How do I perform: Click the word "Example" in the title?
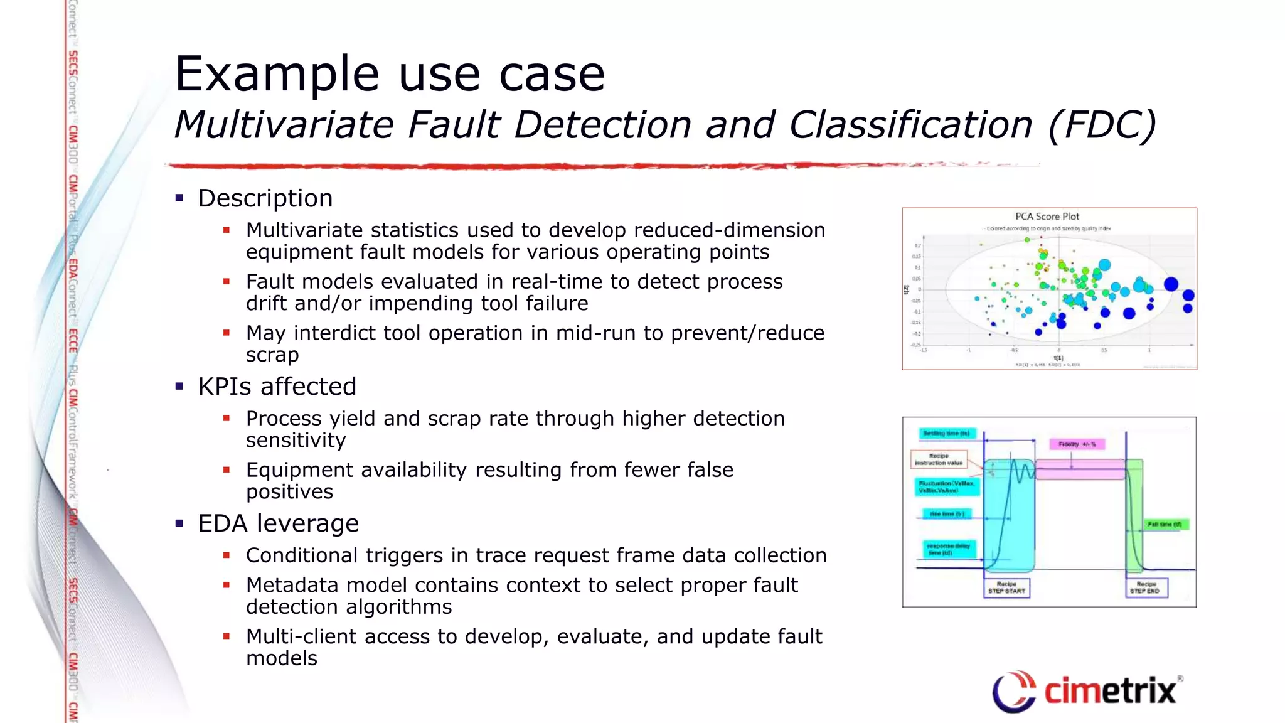pyautogui.click(x=277, y=75)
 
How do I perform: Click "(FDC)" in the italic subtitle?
pyautogui.click(x=1102, y=124)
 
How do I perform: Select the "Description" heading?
pyautogui.click(x=265, y=198)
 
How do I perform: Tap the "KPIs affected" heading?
pyautogui.click(x=277, y=387)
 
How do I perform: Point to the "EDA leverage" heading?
pyautogui.click(x=278, y=523)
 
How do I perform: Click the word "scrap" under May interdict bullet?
pyautogui.click(x=272, y=355)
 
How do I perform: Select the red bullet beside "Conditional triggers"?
pyautogui.click(x=227, y=555)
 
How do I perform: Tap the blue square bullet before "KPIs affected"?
pyautogui.click(x=179, y=387)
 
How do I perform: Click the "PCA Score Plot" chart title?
pyautogui.click(x=1047, y=217)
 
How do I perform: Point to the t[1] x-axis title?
pyautogui.click(x=1058, y=358)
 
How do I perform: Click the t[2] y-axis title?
pyautogui.click(x=906, y=290)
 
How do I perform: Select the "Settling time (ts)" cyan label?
pyautogui.click(x=946, y=433)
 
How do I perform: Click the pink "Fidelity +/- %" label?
pyautogui.click(x=1077, y=444)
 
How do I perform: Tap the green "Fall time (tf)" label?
pyautogui.click(x=1165, y=524)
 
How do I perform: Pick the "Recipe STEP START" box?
pyautogui.click(x=1006, y=587)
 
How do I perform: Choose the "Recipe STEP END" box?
pyautogui.click(x=1146, y=587)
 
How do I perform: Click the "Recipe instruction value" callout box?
pyautogui.click(x=939, y=459)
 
